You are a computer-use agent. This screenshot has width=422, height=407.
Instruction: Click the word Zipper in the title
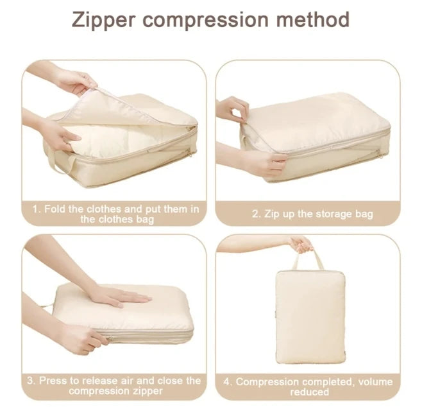point(104,20)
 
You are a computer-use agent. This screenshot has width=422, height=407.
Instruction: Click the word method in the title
point(313,19)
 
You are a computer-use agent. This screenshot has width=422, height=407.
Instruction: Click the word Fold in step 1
point(55,209)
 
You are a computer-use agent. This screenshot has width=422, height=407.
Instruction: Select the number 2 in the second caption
point(255,214)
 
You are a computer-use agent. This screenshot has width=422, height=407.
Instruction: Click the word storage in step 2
point(333,214)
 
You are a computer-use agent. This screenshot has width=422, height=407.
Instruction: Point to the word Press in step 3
point(53,381)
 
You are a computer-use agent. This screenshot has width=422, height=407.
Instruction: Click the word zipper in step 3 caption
point(146,391)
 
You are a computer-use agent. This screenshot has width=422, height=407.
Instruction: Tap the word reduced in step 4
point(310,392)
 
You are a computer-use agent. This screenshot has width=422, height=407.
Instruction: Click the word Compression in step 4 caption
point(267,382)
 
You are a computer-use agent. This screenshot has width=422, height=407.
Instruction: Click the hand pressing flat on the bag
point(119,297)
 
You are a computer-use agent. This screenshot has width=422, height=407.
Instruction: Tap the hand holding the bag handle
point(301,244)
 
